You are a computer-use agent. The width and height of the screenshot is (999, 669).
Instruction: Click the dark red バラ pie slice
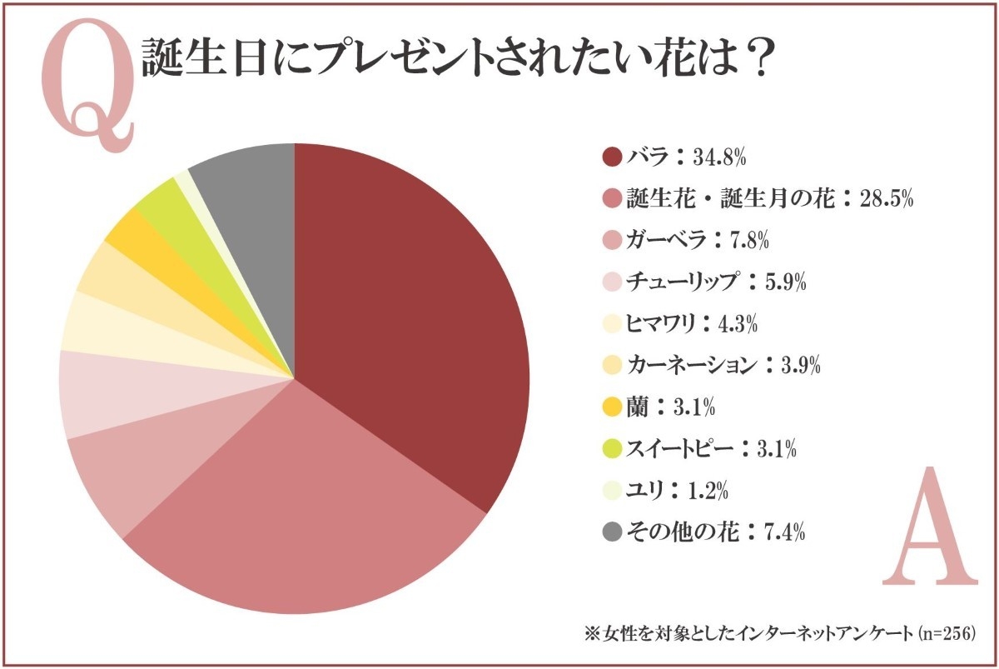(408, 317)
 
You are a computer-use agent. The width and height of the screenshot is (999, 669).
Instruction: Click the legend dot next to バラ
(612, 157)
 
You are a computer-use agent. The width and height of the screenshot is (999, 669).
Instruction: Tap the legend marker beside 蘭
(612, 407)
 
